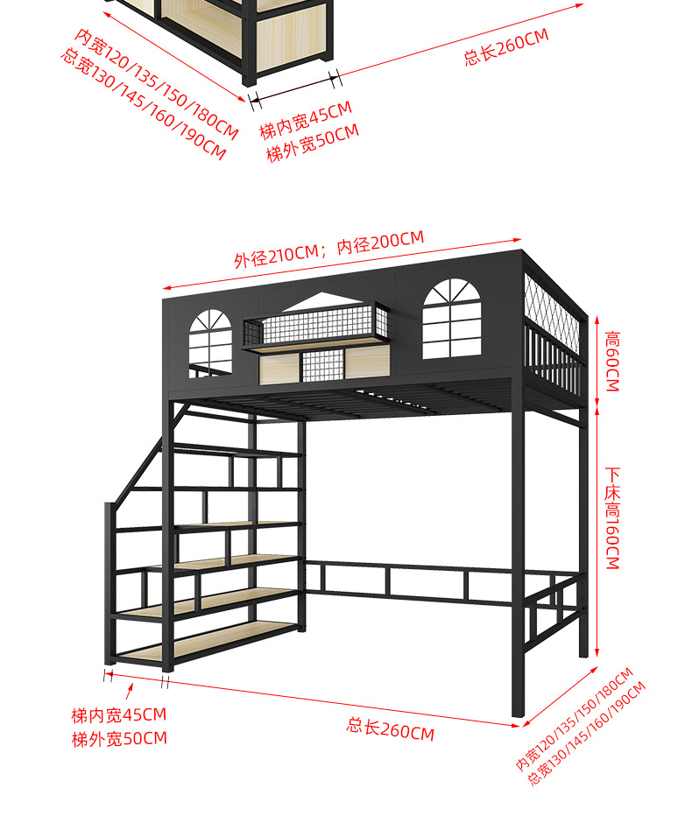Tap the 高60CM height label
[611, 360]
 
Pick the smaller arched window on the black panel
[211, 341]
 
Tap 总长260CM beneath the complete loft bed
[391, 728]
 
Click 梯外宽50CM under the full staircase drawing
[119, 738]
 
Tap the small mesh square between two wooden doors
[322, 365]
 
